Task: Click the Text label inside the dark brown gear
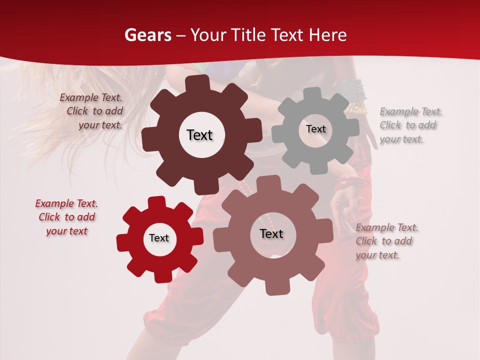(x=199, y=135)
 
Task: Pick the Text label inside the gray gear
(x=315, y=129)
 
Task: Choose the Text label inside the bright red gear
(x=159, y=238)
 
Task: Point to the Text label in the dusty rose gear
(x=271, y=234)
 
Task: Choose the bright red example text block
(x=66, y=217)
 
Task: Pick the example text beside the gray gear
(x=409, y=125)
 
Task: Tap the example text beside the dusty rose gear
(x=386, y=241)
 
